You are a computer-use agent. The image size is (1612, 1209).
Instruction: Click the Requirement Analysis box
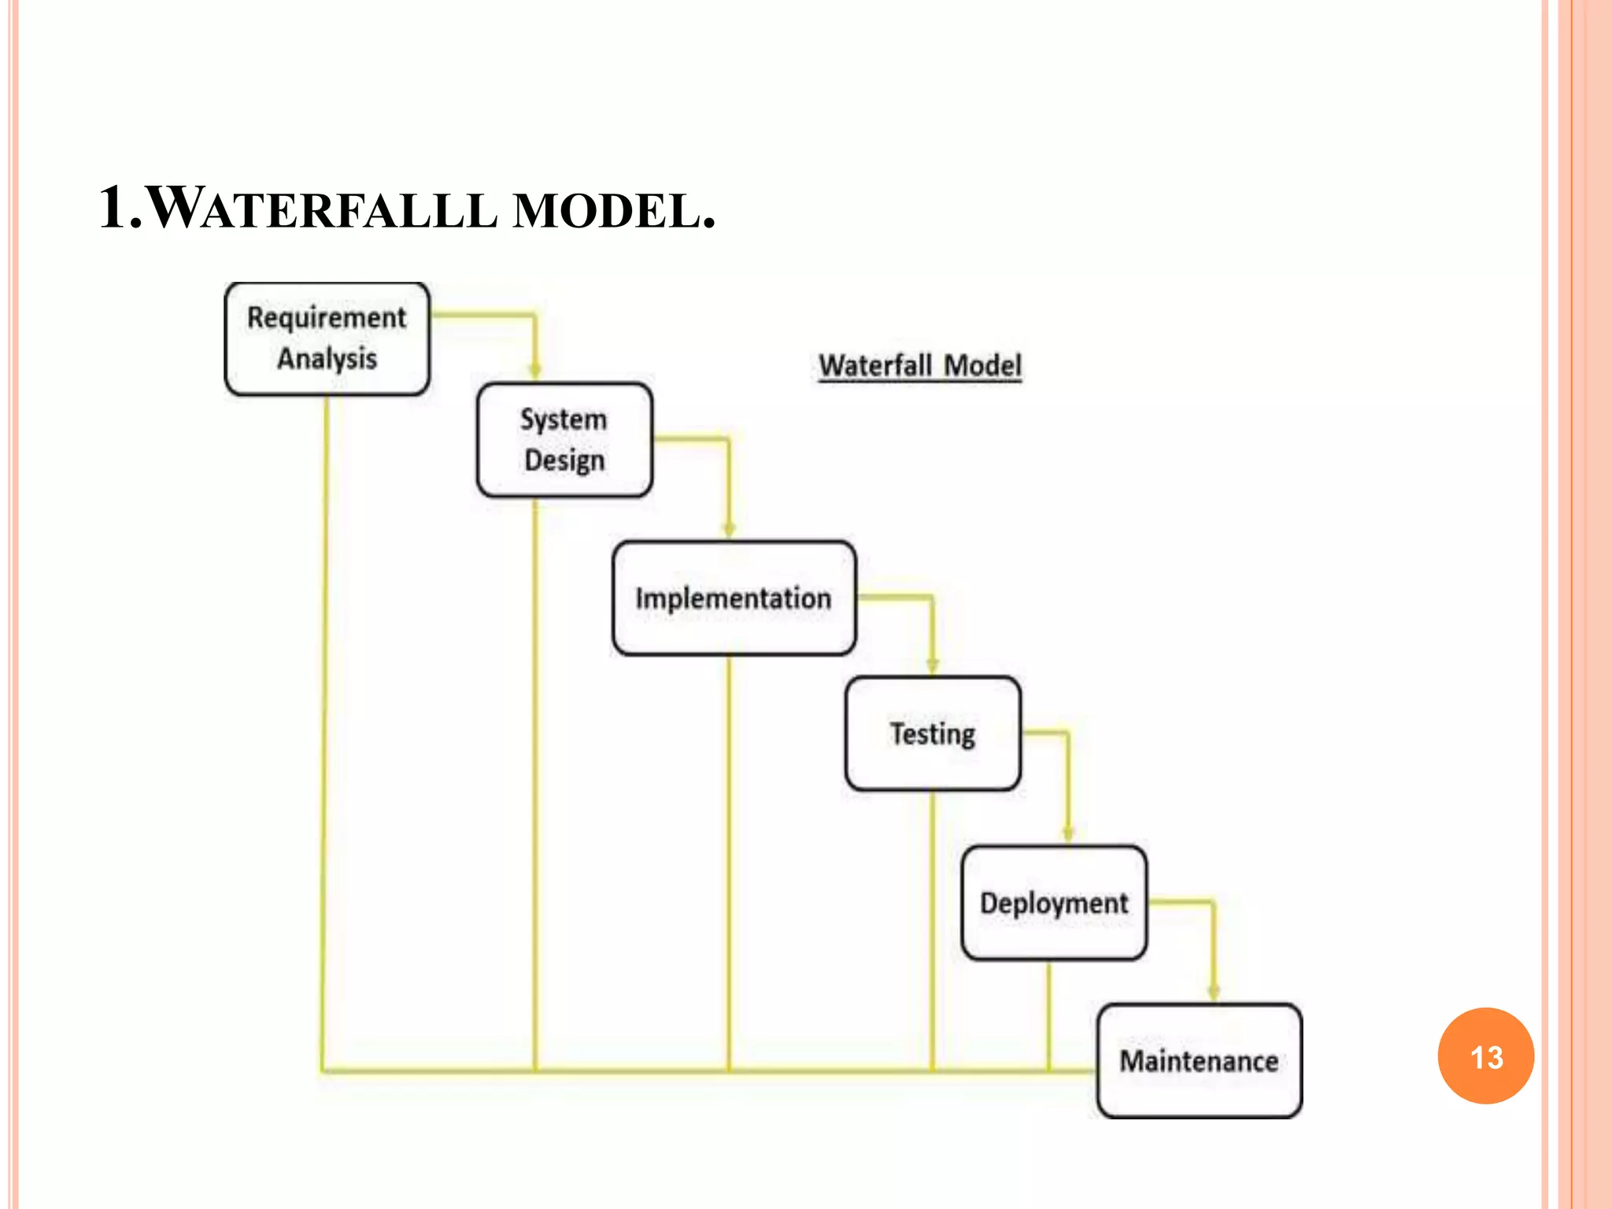coord(327,338)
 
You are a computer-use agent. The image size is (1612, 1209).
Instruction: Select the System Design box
coord(564,440)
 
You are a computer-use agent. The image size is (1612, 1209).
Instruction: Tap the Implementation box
coord(734,598)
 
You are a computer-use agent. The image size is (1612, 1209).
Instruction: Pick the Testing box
coord(933,734)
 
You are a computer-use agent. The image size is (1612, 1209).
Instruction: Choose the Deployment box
coord(1054,903)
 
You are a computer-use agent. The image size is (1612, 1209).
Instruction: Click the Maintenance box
coord(1199,1061)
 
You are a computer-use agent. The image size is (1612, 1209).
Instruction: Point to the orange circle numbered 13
coord(1485,1056)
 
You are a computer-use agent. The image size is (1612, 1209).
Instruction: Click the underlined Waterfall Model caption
coord(920,366)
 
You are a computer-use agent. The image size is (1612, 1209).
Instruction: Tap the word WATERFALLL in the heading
coord(323,209)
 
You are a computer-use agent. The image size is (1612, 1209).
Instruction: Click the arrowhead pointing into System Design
coord(535,372)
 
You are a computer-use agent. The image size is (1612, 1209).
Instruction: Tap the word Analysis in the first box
coord(327,359)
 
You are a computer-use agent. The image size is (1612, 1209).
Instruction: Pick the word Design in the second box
coord(564,460)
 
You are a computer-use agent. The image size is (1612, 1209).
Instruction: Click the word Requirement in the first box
coord(327,318)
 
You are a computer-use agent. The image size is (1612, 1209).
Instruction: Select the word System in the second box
coord(564,420)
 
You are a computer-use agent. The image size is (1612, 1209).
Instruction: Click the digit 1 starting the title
coord(113,209)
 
